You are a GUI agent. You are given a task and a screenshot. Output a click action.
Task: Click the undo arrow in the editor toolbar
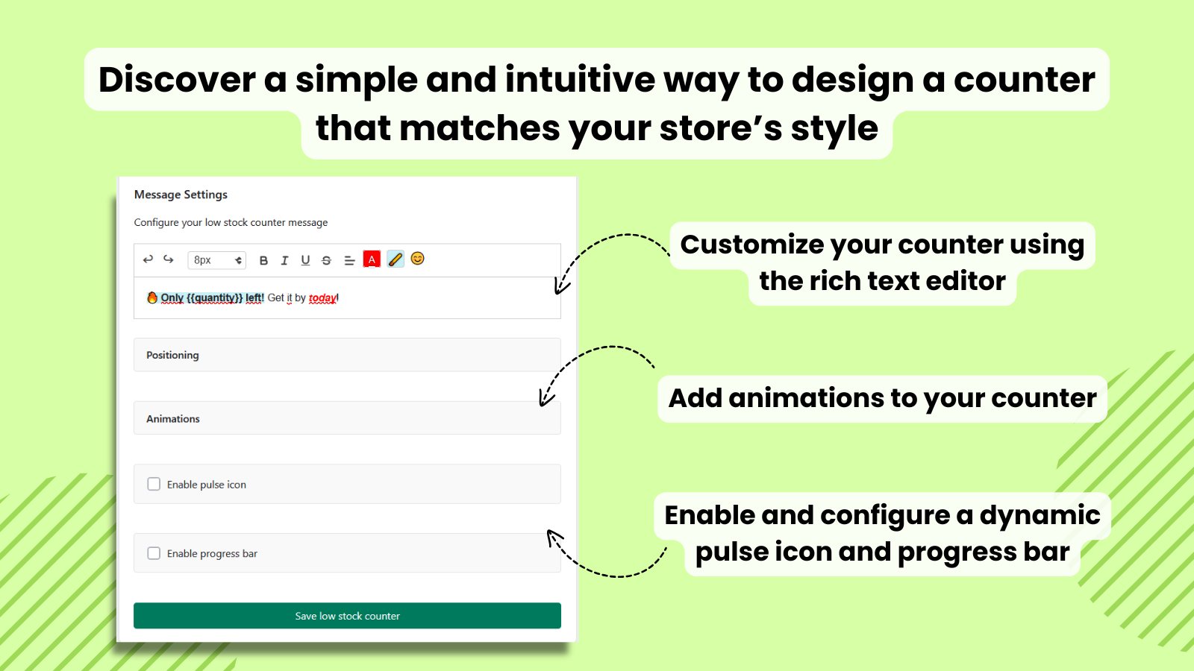coord(148,259)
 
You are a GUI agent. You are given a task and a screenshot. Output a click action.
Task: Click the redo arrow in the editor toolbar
coord(169,259)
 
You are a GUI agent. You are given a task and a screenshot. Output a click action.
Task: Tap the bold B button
coord(263,260)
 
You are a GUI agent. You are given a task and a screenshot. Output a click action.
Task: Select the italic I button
coord(284,260)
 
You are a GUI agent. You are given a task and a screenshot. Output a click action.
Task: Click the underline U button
coord(305,260)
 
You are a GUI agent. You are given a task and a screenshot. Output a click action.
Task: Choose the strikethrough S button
coord(326,260)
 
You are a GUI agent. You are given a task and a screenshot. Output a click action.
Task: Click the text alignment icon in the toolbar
coord(349,260)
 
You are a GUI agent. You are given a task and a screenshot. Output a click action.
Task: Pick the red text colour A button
coord(372,259)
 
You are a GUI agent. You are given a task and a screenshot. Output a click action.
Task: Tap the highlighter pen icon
coord(395,259)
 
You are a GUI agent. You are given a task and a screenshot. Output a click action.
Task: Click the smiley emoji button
coord(417,258)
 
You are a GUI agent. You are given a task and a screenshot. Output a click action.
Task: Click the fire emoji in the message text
coord(152,297)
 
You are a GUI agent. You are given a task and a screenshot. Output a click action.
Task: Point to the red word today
coord(322,297)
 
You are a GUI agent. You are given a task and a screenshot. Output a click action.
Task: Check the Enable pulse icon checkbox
coord(154,484)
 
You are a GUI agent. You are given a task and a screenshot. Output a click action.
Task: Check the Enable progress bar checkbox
coord(154,553)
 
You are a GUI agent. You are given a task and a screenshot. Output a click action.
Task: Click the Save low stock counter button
coord(347,616)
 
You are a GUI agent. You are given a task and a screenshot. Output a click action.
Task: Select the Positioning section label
coord(172,355)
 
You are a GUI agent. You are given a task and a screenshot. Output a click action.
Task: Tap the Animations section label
coord(173,419)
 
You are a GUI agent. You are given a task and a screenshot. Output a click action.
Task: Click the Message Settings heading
coord(181,195)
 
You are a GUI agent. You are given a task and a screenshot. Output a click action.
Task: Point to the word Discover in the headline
coord(177,80)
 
